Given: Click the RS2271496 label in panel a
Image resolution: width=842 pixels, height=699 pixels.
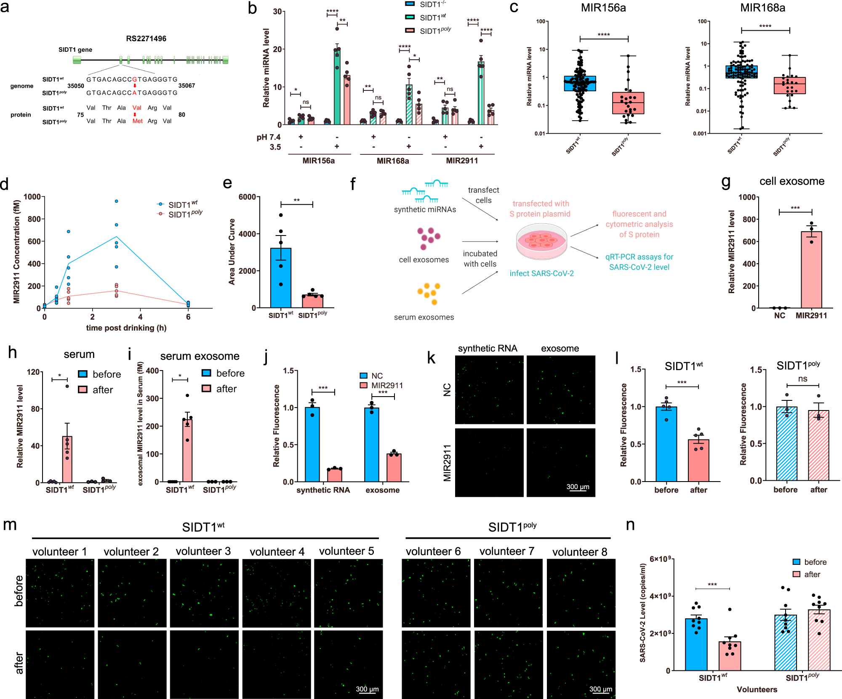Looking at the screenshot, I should click(x=146, y=39).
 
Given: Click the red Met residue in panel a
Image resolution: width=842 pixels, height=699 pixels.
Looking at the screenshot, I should click(x=138, y=121).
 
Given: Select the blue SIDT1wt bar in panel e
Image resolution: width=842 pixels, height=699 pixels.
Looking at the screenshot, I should click(x=280, y=278).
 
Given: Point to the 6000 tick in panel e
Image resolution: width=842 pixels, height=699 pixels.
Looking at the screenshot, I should click(x=247, y=197).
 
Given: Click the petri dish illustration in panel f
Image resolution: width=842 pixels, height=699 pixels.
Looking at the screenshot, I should click(x=541, y=241).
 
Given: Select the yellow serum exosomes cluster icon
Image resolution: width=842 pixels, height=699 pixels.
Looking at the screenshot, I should click(x=429, y=293).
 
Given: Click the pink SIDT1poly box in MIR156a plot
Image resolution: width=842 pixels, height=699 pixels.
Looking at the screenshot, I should click(x=628, y=103).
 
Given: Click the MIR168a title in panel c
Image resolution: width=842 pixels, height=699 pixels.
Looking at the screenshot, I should click(x=762, y=8).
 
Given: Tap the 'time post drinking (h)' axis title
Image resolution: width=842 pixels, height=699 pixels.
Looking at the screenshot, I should click(x=126, y=328).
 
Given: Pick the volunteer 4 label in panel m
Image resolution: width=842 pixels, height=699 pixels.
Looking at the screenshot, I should click(x=277, y=552).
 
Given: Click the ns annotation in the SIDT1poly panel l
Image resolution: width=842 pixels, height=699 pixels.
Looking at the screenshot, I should click(x=802, y=379).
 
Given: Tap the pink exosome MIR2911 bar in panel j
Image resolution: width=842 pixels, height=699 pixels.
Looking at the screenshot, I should click(x=394, y=467).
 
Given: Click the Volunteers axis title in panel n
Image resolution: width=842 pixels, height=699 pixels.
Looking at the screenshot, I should click(x=757, y=690).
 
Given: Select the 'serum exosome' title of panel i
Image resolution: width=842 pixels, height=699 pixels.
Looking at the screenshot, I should click(x=200, y=356).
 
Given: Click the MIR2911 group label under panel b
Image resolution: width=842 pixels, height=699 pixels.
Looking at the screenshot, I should click(x=462, y=161).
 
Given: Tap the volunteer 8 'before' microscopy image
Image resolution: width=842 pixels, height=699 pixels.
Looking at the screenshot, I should click(x=581, y=593).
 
